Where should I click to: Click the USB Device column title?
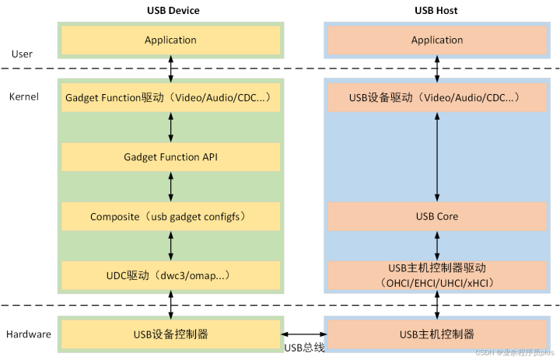[171, 11]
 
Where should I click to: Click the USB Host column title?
[437, 11]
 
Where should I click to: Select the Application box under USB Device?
[170, 40]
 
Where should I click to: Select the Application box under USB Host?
[437, 40]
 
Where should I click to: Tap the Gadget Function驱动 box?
[170, 98]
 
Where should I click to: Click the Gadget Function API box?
[170, 157]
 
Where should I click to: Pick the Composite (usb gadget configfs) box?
[170, 216]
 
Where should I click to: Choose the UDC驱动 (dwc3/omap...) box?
[170, 275]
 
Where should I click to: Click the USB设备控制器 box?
[170, 334]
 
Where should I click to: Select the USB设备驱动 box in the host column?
[437, 98]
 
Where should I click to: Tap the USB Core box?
[437, 216]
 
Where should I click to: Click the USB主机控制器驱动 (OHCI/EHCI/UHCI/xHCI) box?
[437, 275]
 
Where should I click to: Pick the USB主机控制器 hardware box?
[437, 334]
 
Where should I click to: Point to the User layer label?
[23, 54]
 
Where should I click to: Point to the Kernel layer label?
[24, 97]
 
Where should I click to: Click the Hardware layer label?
[29, 334]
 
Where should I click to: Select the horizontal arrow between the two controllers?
[304, 334]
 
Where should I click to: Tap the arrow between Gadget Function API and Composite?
[171, 187]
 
